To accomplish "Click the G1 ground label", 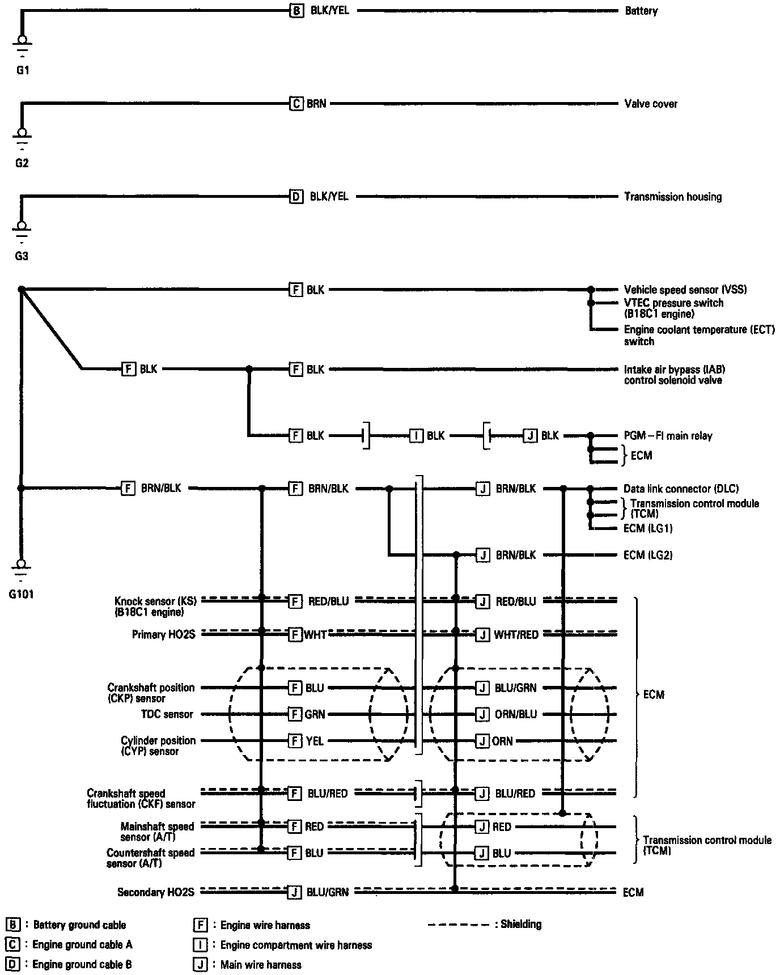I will click(22, 70).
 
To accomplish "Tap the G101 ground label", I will click(22, 595).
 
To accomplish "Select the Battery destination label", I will click(641, 11).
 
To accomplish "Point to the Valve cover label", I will click(651, 104).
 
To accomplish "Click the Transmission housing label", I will click(673, 197).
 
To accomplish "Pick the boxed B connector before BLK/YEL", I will click(296, 11).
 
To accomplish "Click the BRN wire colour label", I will click(316, 104).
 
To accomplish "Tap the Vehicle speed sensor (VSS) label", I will click(685, 290).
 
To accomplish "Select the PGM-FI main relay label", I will click(668, 436).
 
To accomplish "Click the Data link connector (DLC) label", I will click(681, 489).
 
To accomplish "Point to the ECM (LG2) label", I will click(648, 555).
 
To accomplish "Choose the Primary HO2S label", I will click(163, 635).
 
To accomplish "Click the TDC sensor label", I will click(167, 714).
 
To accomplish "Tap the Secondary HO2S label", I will click(156, 892).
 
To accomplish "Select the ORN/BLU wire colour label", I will click(515, 714).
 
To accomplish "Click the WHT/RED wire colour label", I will click(516, 635).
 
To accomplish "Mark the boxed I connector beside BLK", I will click(417, 436).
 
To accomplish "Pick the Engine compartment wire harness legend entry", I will click(296, 945).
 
